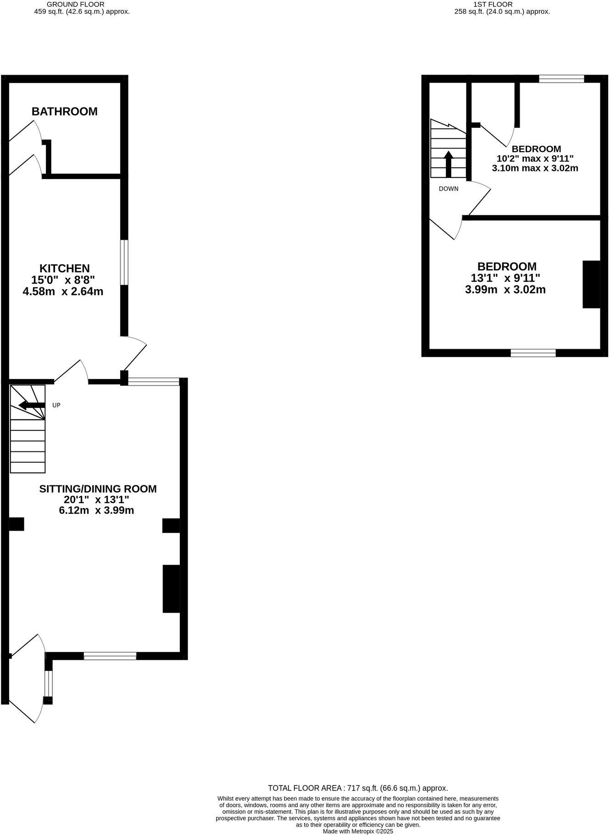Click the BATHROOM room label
(65, 111)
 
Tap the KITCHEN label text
(64, 268)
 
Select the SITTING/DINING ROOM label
(98, 489)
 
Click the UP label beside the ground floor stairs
(56, 405)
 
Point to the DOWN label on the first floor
(449, 189)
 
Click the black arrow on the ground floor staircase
(32, 405)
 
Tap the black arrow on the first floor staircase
(449, 164)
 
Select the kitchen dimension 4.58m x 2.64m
(63, 291)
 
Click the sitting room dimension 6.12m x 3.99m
(96, 510)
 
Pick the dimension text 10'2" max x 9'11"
(535, 159)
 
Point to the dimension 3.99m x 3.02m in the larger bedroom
(505, 290)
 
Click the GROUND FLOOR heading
(76, 4)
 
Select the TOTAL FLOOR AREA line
(358, 788)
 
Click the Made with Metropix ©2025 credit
(358, 831)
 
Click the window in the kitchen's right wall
(124, 262)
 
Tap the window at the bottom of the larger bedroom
(533, 353)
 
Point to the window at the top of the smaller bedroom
(561, 79)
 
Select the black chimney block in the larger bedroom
(591, 284)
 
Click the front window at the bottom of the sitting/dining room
(110, 656)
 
